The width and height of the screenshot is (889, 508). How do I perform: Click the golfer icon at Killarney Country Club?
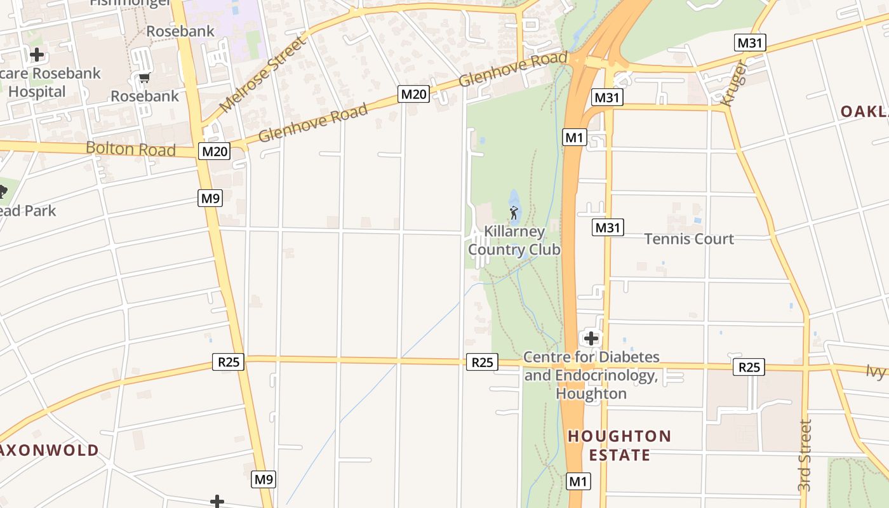514,213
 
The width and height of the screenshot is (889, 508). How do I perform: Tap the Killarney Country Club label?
514,240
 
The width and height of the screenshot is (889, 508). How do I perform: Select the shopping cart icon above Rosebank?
145,79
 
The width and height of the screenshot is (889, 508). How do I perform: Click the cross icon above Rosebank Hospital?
37,55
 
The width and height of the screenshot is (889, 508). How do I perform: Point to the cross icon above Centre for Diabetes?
591,338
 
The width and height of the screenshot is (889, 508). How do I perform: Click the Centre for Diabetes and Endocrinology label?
591,375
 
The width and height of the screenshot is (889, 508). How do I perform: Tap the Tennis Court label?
689,239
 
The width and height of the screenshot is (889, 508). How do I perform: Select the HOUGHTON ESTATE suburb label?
619,445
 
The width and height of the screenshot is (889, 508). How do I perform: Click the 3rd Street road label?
805,455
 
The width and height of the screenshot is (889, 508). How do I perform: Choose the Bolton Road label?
130,149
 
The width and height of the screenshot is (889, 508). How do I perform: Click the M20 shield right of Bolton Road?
214,151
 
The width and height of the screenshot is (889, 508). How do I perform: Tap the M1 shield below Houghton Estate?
578,481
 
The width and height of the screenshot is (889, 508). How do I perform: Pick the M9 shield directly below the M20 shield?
210,198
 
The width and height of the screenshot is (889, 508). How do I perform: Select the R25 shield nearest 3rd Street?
749,367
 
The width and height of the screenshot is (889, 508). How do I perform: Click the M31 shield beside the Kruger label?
750,43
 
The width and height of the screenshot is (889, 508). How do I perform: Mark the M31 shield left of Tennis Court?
608,227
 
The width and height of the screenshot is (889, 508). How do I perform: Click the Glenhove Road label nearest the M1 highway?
512,70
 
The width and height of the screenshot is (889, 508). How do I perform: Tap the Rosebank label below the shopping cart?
145,97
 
